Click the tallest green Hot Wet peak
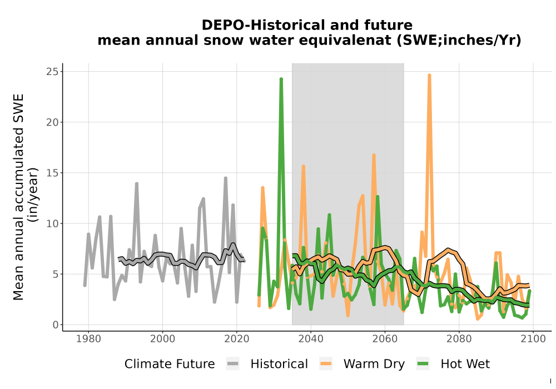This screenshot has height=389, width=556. coord(281,79)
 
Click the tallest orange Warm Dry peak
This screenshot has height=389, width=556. coord(429,76)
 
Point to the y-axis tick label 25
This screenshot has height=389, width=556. coord(52,72)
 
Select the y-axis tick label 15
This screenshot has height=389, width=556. coord(52,173)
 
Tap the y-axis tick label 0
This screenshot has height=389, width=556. coord(56,325)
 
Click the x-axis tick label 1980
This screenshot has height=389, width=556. coord(88,339)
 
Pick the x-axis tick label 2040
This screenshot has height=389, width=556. coord(311,339)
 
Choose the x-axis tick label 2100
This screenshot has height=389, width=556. coord(533,339)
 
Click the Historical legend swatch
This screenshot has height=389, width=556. coord(233,364)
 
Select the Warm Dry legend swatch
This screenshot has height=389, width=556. coord(326,364)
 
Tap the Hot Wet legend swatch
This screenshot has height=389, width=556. coord(423,364)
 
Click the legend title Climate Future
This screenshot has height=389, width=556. coord(170,364)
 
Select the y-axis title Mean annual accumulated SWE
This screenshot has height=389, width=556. coord(18,197)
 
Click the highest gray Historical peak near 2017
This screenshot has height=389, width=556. coord(226,178)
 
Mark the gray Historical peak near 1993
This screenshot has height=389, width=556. coord(137,183)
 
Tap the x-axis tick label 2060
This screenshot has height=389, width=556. coord(385,339)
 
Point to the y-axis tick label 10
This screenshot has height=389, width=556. coord(52,223)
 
